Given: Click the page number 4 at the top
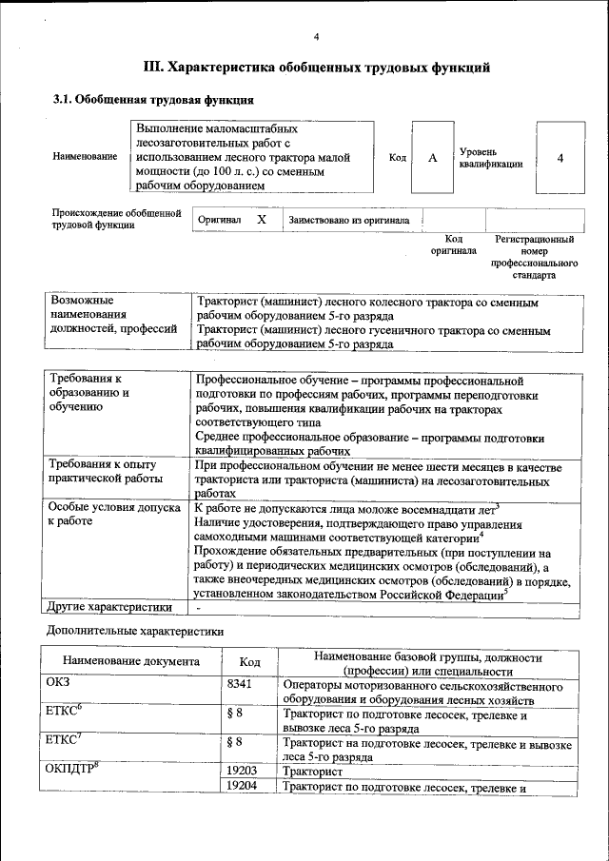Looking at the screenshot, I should (316, 37).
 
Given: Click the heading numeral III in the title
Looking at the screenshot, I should (153, 68).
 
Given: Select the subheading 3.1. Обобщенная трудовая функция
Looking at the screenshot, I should (152, 100).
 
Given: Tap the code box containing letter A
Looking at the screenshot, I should (432, 158).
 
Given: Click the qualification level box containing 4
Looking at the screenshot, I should (560, 158).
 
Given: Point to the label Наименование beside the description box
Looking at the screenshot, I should (86, 156).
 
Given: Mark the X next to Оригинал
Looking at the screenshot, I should (262, 220).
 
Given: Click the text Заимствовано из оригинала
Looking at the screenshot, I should (349, 221).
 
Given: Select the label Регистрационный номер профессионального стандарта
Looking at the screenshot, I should (535, 257).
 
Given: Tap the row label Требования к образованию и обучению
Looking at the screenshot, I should (90, 393).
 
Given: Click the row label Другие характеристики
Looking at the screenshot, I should (110, 606).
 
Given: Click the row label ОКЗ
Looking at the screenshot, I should (58, 682).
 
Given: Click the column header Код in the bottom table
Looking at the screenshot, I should (250, 661).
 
